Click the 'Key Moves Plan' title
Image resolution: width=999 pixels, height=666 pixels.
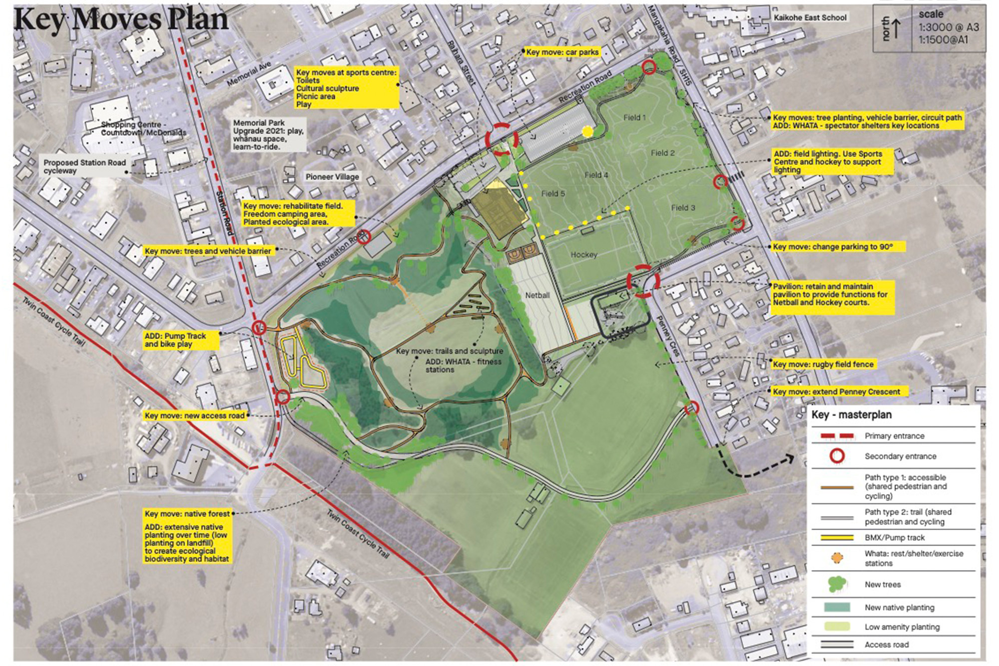pos(121,20)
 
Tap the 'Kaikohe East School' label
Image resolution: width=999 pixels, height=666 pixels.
pos(810,17)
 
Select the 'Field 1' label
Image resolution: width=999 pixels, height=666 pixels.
pos(634,117)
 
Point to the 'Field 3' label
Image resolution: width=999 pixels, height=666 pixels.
pos(683,207)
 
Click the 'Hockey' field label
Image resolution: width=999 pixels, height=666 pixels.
pos(583,255)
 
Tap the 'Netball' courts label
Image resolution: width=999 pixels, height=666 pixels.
pos(537,295)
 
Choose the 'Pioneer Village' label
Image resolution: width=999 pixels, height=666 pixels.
pos(332,177)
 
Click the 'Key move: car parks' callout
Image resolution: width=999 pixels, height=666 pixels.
pos(562,52)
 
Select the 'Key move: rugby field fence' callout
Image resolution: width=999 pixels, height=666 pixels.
pos(823,364)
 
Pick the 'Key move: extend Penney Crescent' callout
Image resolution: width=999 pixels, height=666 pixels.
pos(836,392)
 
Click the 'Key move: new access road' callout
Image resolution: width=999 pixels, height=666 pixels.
pos(195,415)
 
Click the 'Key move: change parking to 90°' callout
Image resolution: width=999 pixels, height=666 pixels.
pos(832,246)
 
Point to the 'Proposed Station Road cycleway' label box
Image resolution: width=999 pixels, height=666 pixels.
pos(84,166)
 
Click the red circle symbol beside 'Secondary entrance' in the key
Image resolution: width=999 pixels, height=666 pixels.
pos(837,456)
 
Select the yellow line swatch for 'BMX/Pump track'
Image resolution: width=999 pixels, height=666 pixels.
pos(837,538)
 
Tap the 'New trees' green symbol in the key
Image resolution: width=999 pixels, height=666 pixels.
pos(837,584)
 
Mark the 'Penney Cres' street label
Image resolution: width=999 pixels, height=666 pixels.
pos(668,336)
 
